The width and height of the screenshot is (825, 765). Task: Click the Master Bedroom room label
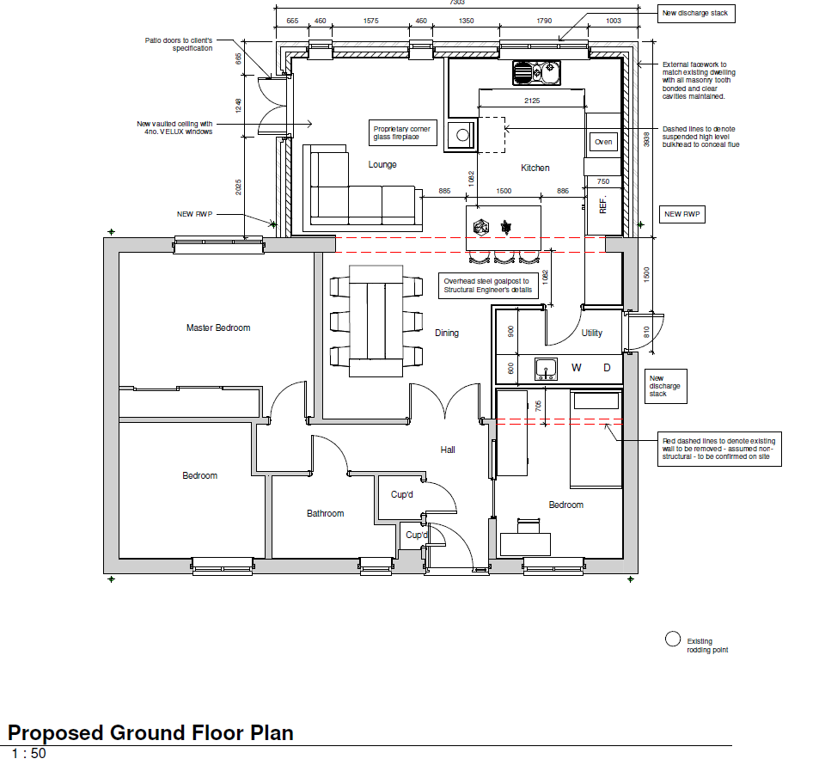(218, 327)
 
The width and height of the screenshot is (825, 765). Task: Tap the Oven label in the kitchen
(603, 142)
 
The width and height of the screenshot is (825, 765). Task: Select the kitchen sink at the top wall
(537, 72)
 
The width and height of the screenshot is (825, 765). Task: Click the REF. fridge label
(602, 205)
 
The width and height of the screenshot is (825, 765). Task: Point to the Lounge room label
(382, 164)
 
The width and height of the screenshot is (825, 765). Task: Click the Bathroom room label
(325, 513)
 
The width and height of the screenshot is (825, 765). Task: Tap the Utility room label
(591, 333)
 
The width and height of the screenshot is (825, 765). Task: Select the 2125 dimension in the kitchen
(532, 101)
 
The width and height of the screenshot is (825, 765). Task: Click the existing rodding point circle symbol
(673, 640)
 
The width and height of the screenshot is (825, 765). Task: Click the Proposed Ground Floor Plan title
(150, 733)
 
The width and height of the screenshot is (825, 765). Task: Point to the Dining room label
(446, 333)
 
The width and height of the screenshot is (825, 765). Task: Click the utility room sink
(546, 369)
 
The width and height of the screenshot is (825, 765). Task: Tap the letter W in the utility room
(577, 368)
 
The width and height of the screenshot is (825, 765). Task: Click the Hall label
(448, 450)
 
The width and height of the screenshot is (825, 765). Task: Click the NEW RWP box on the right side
(683, 214)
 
